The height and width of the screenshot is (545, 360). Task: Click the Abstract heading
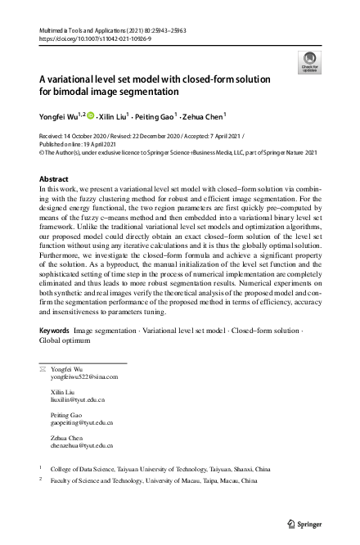pyautogui.click(x=55, y=178)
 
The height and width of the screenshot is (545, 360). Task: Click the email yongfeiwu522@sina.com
pyautogui.click(x=85, y=377)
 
